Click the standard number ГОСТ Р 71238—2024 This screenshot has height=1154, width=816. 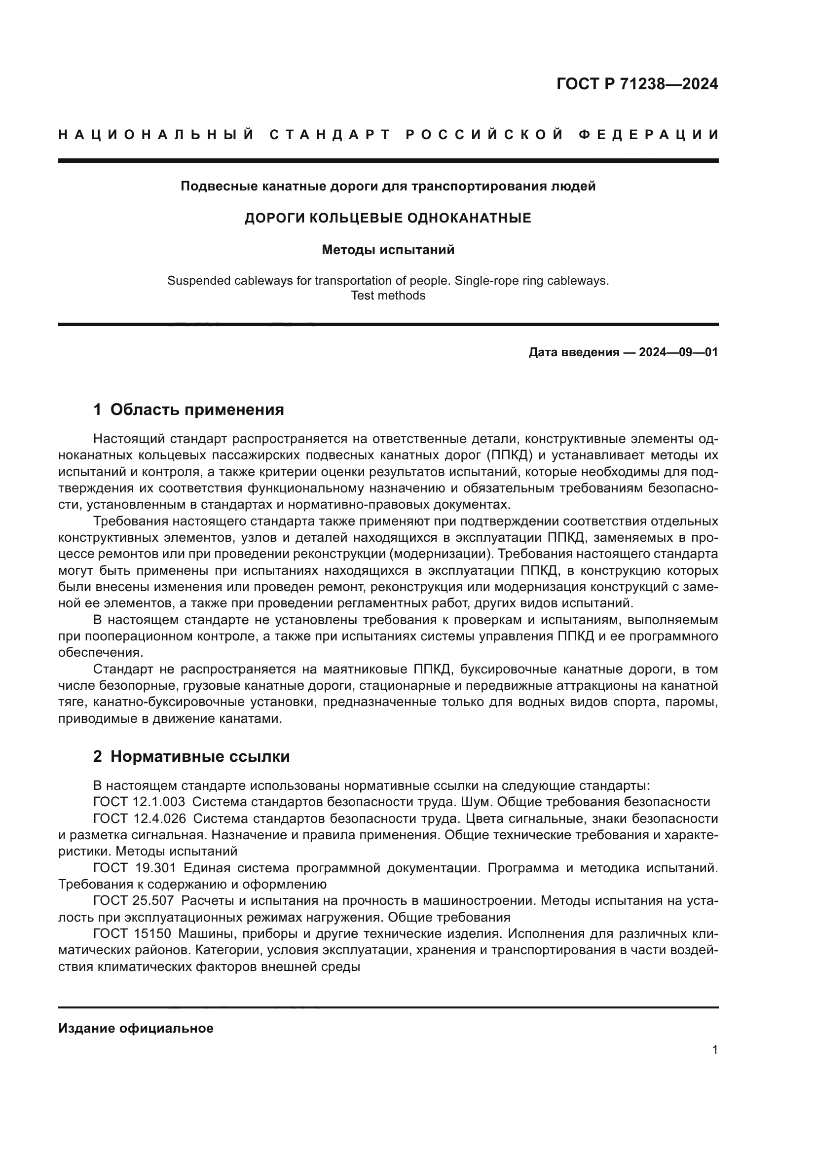[636, 84]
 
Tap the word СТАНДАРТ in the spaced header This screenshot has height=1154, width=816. [330, 135]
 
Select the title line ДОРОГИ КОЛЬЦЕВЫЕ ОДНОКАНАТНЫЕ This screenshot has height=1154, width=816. [387, 218]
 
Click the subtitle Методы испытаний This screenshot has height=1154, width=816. [387, 250]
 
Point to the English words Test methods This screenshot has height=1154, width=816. [387, 296]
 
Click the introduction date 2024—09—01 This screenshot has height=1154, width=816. [678, 352]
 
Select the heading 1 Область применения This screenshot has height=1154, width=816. [188, 409]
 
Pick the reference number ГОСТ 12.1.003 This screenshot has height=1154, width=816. [139, 802]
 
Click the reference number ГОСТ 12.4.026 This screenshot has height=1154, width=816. [139, 819]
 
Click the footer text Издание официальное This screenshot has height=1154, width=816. [136, 1028]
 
